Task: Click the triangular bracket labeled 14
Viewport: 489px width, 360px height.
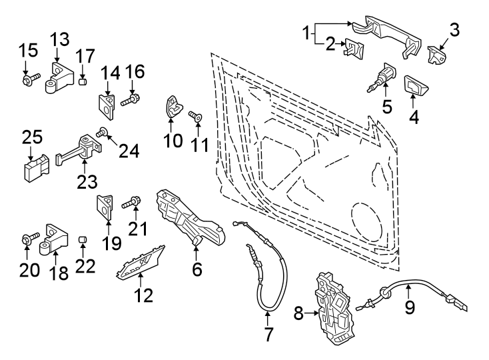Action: pyautogui.click(x=106, y=101)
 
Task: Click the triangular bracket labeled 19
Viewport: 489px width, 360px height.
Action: pyautogui.click(x=106, y=206)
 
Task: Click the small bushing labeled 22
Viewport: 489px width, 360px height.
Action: pyautogui.click(x=83, y=239)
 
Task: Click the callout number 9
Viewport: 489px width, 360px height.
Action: pyautogui.click(x=410, y=307)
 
